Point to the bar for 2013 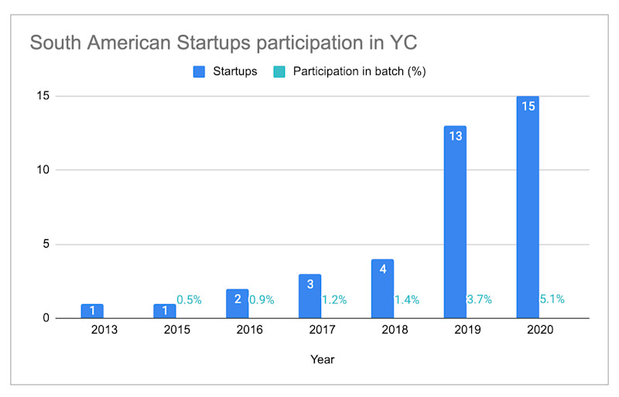click(92, 310)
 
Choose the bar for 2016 click(237, 303)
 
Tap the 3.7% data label click(479, 299)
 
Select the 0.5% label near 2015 click(190, 299)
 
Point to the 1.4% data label click(406, 299)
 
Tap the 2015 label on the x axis click(176, 330)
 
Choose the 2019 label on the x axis click(467, 330)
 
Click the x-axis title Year click(322, 359)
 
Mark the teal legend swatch click(280, 72)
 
